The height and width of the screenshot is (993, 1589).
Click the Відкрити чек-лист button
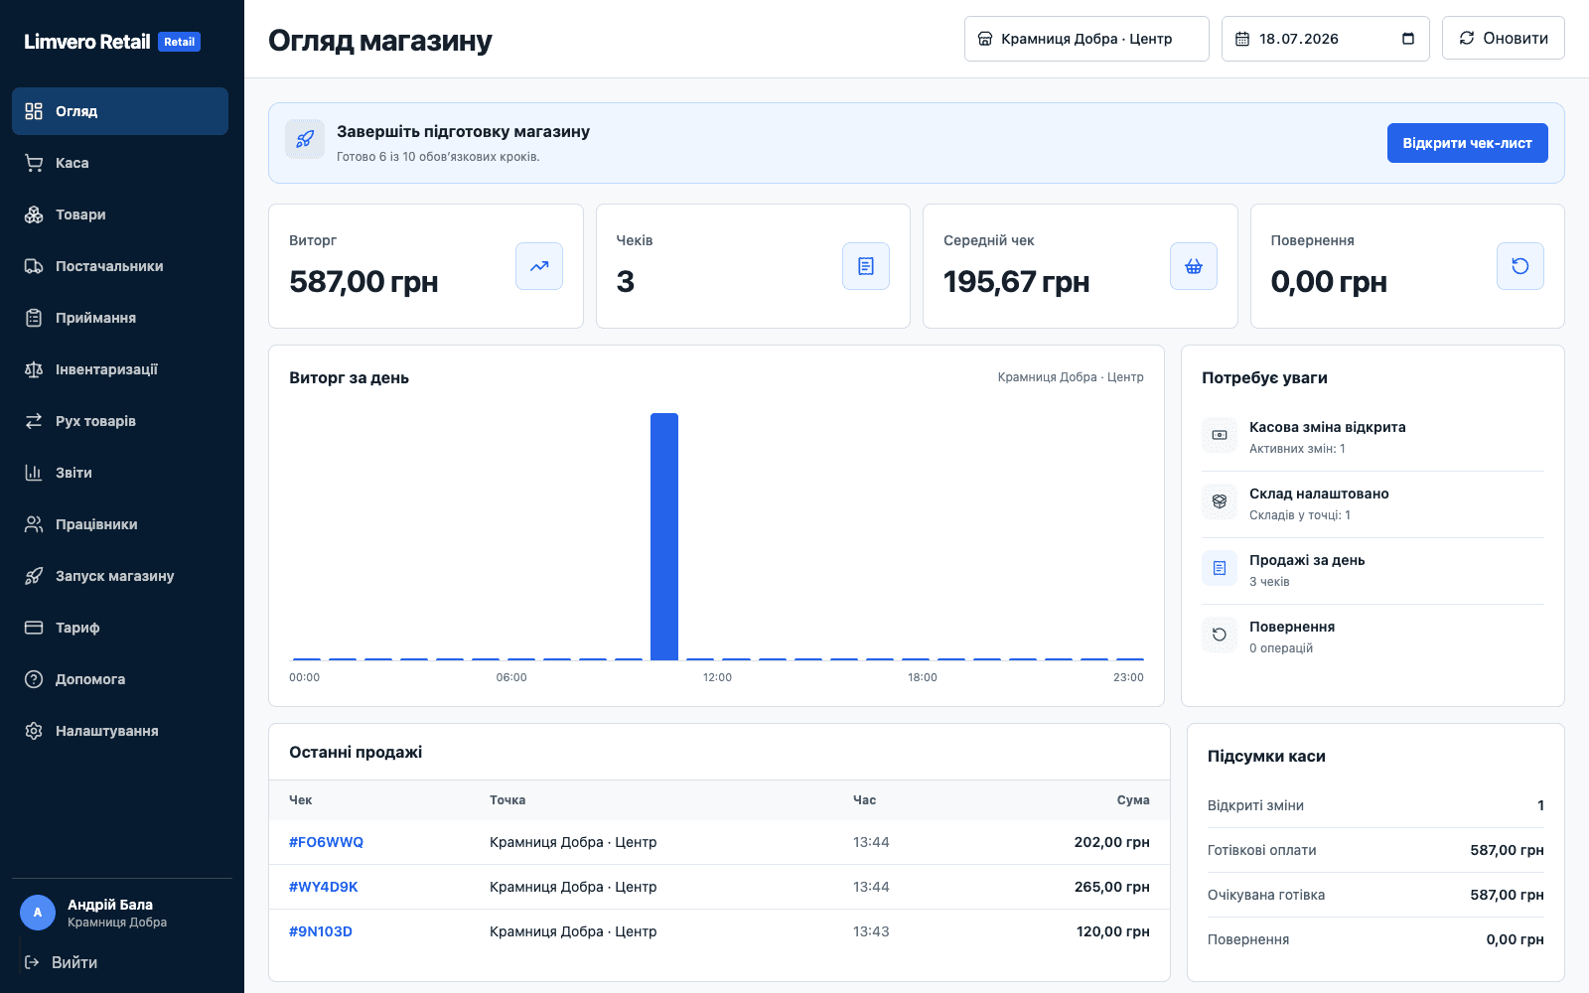(x=1467, y=143)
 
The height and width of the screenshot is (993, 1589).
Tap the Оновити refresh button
(x=1504, y=39)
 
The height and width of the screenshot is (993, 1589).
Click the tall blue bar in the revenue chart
(x=664, y=536)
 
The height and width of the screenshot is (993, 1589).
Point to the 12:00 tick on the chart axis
(x=717, y=677)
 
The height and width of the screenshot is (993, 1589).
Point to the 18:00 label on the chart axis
(x=923, y=677)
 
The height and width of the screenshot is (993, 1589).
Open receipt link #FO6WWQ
(x=326, y=842)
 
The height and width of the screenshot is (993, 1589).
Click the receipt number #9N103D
(x=321, y=931)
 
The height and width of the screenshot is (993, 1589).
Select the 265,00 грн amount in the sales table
(x=1111, y=887)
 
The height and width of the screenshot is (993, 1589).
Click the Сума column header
(x=1133, y=800)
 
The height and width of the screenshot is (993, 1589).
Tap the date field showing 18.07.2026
(x=1325, y=39)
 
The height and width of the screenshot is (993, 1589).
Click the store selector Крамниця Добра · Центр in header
(x=1086, y=39)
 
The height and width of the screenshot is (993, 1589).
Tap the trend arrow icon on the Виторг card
(x=539, y=266)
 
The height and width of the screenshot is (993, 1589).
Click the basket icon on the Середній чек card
(x=1193, y=266)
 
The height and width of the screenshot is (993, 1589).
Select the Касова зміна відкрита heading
(x=1327, y=427)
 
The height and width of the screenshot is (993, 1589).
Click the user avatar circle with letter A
(x=38, y=913)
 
